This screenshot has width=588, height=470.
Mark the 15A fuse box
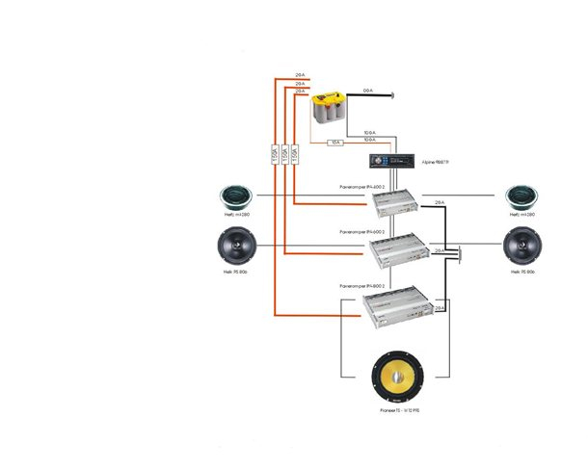[335, 143]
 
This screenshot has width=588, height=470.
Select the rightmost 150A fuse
[295, 153]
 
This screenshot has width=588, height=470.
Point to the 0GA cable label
[367, 91]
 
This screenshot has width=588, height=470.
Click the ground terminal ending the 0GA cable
[393, 94]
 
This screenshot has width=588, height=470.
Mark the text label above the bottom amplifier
[362, 287]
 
